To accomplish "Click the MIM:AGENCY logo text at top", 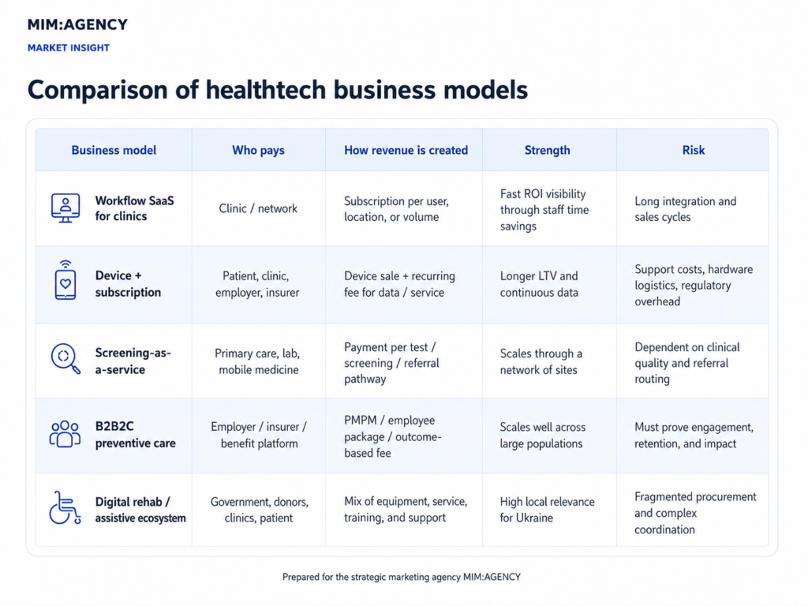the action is click(77, 24).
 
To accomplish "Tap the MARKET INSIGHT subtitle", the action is click(69, 48).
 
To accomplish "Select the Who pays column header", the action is click(258, 151).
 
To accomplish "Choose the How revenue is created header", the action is click(406, 151).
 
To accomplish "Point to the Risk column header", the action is click(693, 151).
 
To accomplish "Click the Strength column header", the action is click(548, 151).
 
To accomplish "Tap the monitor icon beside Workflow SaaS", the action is click(65, 208).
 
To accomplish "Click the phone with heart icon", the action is click(65, 280).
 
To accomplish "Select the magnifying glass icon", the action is click(65, 358).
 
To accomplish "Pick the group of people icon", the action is click(65, 434).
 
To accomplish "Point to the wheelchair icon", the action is click(65, 507).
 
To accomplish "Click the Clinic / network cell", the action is click(258, 208).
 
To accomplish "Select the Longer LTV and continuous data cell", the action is click(539, 284).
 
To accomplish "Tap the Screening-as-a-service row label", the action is click(133, 361).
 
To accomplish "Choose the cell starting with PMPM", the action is click(393, 436).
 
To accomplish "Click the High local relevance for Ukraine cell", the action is click(547, 510).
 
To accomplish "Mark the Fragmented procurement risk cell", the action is click(695, 513).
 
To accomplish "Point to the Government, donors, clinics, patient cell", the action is click(259, 510).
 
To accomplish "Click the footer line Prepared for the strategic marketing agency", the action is click(402, 577).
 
